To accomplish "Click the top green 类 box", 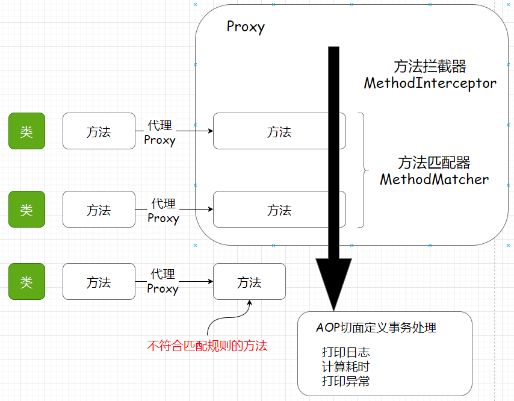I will click(x=26, y=131).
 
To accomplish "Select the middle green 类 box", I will click(x=26, y=210).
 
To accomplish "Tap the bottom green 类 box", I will click(x=26, y=281).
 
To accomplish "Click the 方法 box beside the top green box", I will click(x=99, y=131).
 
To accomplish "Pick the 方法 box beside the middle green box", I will click(x=99, y=210).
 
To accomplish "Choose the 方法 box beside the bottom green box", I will click(x=99, y=281).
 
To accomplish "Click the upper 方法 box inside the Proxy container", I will click(x=279, y=131).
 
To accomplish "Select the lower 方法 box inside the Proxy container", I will click(x=279, y=210).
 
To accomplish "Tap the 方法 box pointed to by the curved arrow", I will click(x=249, y=281).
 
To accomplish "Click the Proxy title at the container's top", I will click(x=246, y=27).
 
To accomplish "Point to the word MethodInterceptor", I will click(x=430, y=83).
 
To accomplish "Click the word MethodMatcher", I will click(x=434, y=179).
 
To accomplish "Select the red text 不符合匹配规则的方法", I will click(x=207, y=346).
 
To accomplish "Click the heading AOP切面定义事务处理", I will click(x=376, y=328).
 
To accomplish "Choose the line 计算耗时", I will click(x=345, y=367).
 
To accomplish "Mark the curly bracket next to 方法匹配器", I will click(x=363, y=170).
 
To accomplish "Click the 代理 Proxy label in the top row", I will click(x=160, y=132).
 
